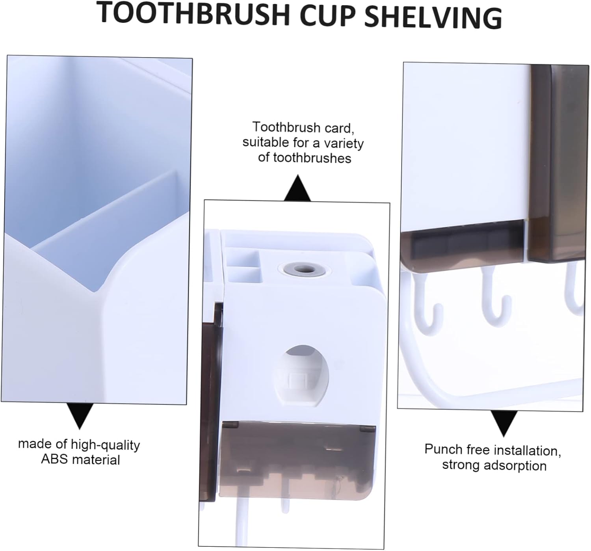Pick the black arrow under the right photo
point(504,423)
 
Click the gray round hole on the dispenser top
point(303,271)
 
